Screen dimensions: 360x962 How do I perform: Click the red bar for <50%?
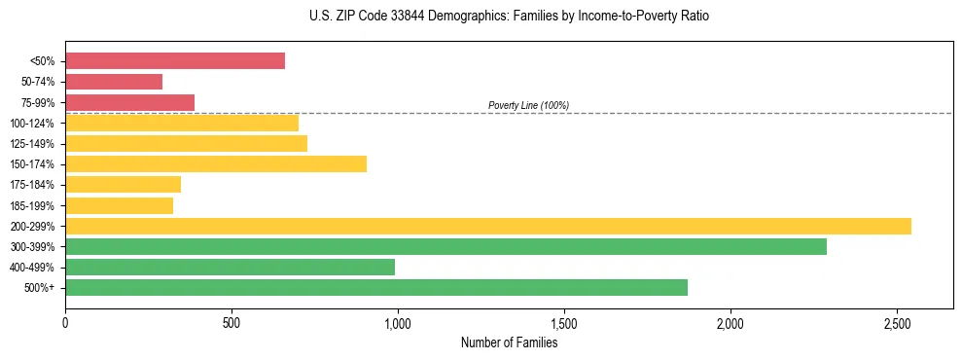click(x=175, y=61)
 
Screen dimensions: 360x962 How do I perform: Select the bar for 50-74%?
click(x=114, y=82)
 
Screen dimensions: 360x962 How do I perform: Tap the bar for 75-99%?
click(x=129, y=102)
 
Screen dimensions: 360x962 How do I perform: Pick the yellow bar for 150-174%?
click(x=216, y=163)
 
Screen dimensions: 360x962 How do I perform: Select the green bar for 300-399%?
click(x=445, y=246)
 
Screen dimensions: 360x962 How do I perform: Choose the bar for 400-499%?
click(x=230, y=267)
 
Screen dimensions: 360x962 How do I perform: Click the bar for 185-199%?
click(x=119, y=205)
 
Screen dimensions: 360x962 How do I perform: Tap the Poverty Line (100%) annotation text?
click(x=528, y=105)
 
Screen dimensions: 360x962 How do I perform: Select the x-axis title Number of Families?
click(x=510, y=342)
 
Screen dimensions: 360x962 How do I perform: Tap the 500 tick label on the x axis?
click(x=232, y=323)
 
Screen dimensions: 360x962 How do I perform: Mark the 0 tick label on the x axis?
click(x=65, y=323)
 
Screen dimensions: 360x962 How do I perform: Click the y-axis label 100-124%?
click(x=32, y=124)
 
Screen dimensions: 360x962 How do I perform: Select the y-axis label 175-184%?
click(x=32, y=185)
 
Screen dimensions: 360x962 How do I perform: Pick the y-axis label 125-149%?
click(x=32, y=144)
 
